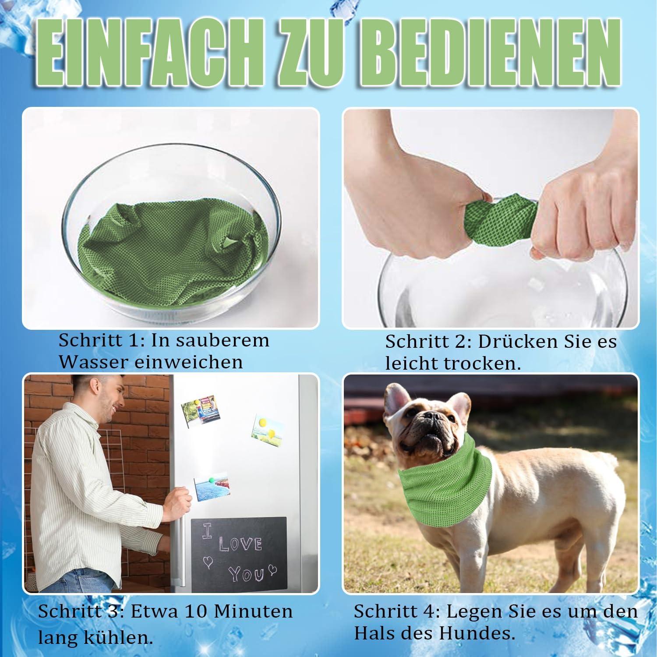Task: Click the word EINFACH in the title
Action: pyautogui.click(x=152, y=53)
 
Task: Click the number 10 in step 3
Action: pyautogui.click(x=197, y=611)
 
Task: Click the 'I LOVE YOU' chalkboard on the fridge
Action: pyautogui.click(x=239, y=554)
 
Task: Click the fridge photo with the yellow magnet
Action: pyautogui.click(x=268, y=430)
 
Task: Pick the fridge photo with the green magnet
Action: pyautogui.click(x=212, y=486)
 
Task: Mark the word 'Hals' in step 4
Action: pyautogui.click(x=372, y=633)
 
